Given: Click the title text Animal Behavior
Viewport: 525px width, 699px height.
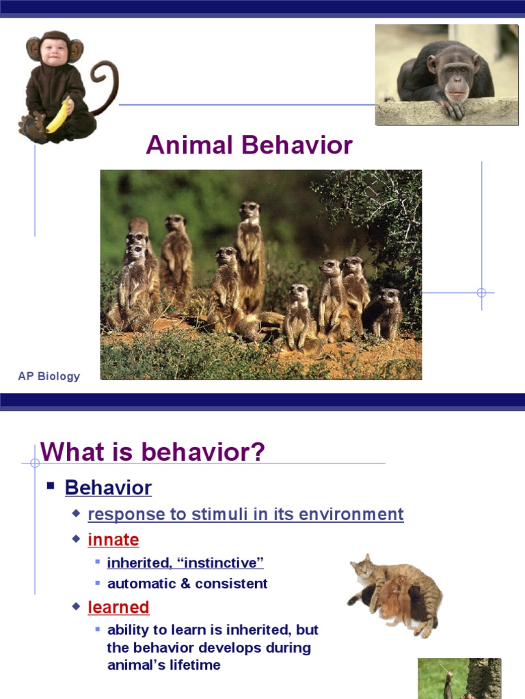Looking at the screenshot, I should [x=250, y=145].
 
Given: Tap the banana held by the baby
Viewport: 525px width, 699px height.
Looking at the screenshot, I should [x=57, y=116].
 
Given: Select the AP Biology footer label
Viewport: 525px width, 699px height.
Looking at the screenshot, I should [x=49, y=376].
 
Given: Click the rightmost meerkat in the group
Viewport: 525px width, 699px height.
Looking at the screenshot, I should [x=387, y=313].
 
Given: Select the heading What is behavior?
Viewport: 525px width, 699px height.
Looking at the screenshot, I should [x=152, y=452].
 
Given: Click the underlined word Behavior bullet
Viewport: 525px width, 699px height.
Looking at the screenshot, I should [x=108, y=488].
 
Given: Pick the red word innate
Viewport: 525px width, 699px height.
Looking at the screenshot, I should [x=113, y=540].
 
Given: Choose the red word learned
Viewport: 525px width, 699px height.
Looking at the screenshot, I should [x=118, y=607].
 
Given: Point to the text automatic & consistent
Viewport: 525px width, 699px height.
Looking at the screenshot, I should [x=187, y=584].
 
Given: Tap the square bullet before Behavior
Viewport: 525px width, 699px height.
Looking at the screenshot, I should [x=51, y=487].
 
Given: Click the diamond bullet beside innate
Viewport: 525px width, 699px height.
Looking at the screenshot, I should [x=76, y=539].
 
